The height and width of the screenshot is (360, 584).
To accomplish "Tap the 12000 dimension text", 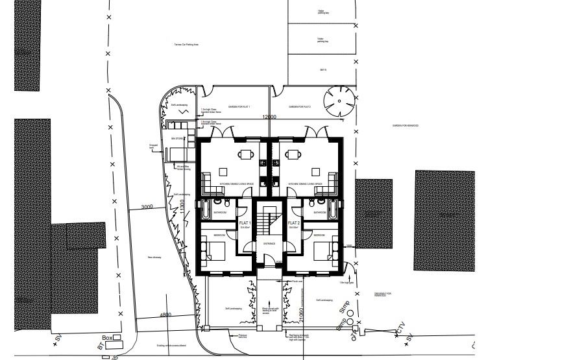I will [x=269, y=117].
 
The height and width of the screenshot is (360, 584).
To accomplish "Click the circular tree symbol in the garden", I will [x=340, y=101].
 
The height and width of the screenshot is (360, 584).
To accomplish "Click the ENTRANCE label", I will [x=269, y=244].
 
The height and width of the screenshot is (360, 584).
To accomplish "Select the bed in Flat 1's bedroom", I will [x=214, y=248].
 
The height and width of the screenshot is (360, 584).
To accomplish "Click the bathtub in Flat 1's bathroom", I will [x=204, y=210].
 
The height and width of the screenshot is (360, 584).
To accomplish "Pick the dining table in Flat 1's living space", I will [x=246, y=154].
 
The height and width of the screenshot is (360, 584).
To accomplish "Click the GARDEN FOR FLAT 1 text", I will [x=239, y=106].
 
